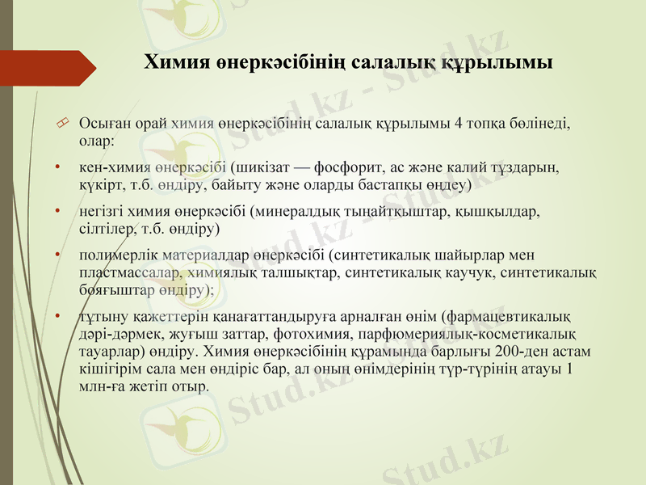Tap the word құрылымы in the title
click(x=506, y=63)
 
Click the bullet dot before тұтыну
click(x=58, y=316)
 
